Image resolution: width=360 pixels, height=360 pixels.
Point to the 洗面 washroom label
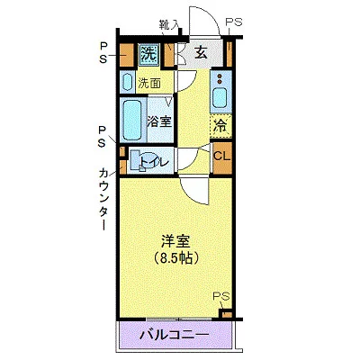[150, 83]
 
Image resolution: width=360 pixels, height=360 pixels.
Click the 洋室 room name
[173, 240]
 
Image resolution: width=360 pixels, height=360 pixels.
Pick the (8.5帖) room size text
[173, 257]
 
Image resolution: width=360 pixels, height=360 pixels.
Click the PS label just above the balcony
[221, 297]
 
